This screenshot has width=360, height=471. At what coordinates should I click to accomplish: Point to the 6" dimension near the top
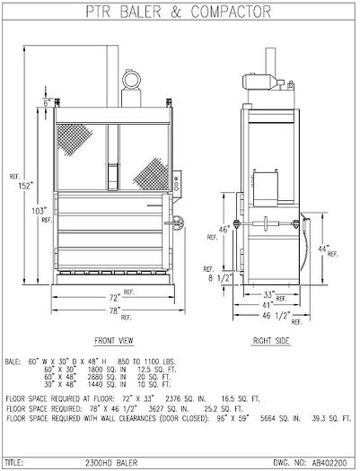[46, 102]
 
